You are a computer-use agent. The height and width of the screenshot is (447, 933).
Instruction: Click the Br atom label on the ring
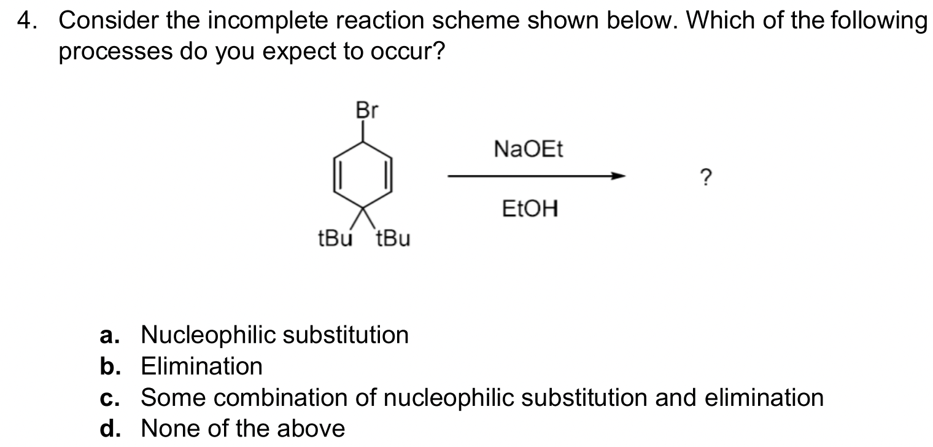pos(367,111)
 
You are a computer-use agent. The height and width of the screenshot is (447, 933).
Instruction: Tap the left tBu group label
pos(335,238)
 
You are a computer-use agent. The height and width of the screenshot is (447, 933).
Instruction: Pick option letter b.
pos(108,367)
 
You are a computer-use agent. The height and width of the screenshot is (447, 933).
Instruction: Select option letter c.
pos(108,398)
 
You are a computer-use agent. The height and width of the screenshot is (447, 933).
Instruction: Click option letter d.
pos(108,429)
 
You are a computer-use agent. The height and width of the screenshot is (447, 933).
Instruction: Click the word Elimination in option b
pos(202,367)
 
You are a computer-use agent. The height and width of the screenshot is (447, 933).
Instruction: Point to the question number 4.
pos(25,22)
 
